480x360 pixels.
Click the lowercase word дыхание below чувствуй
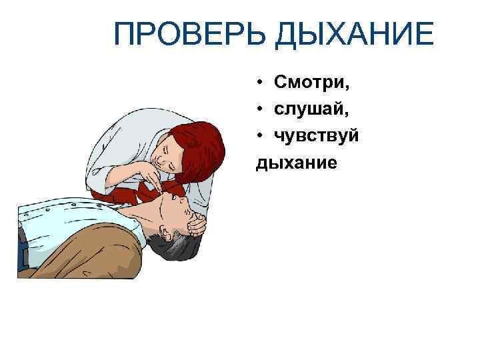tap(297, 161)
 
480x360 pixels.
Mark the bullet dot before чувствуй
tap(259, 136)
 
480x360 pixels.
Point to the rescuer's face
tap(163, 157)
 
